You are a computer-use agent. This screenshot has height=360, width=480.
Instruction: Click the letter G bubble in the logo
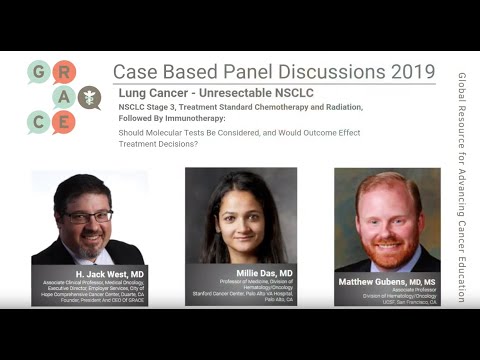click(x=39, y=71)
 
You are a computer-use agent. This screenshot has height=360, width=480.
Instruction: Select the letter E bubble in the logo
click(x=63, y=121)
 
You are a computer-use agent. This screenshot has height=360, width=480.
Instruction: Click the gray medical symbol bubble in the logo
click(x=89, y=98)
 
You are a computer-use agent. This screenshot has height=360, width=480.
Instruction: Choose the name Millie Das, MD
click(x=240, y=272)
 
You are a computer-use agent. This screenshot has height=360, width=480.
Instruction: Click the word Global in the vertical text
click(x=461, y=87)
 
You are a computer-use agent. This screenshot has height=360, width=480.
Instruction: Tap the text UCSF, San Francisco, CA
click(x=388, y=301)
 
